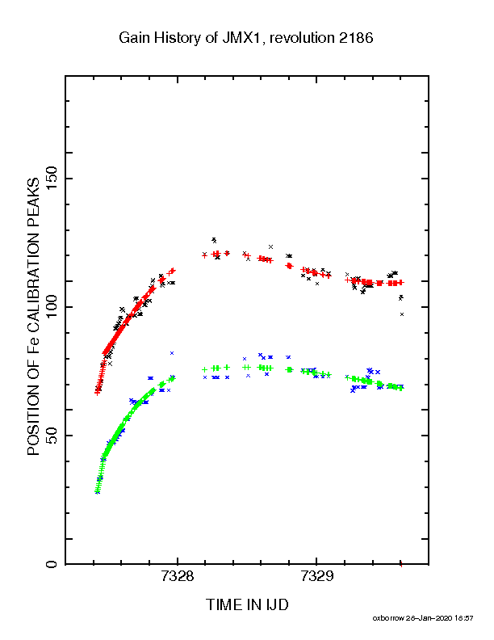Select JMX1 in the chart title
pos(241,38)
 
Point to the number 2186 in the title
pos(356,38)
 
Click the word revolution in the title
pos(302,38)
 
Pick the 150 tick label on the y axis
pos(52,179)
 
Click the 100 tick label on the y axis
pos(52,307)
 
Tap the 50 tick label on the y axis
pos(52,436)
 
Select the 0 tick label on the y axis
pos(52,564)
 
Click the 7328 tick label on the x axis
pos(178,576)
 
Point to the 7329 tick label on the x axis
pos(316,576)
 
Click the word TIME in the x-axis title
pos(223,604)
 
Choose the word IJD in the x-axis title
pos(278,604)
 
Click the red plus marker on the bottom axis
pos(401,565)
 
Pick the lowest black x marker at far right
pos(402,314)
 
